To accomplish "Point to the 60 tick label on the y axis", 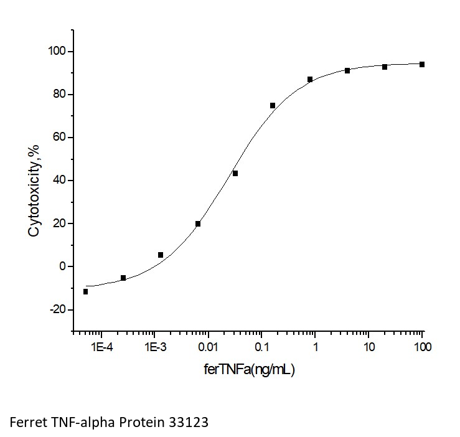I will click(x=59, y=137).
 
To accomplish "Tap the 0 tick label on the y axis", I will click(x=62, y=266).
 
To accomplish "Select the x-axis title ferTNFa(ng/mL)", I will click(x=249, y=370).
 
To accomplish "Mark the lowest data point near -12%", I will click(x=85, y=291).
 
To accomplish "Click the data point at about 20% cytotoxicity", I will click(x=198, y=223).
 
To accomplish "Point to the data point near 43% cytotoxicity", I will click(x=235, y=173).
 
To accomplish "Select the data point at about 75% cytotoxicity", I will click(x=273, y=105).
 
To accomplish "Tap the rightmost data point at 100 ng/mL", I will click(x=422, y=64).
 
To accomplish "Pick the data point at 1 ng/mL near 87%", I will click(x=310, y=79).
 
